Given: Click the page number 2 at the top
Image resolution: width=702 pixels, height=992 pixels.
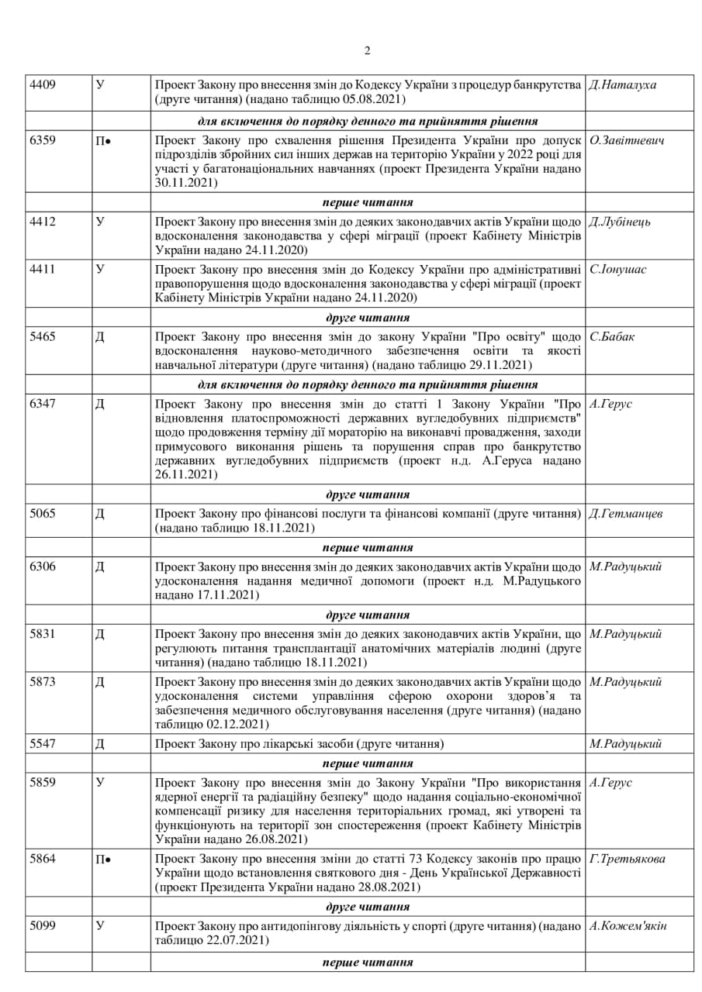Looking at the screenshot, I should (367, 52).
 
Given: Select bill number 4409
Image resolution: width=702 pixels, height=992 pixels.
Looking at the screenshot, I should (43, 84).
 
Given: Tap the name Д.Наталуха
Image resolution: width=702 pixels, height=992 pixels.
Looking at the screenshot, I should (623, 84).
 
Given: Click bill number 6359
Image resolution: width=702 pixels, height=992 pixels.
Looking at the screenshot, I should (43, 141).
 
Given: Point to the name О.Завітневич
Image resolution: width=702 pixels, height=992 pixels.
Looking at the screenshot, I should (627, 141).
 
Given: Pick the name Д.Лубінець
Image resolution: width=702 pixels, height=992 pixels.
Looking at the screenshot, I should (620, 222).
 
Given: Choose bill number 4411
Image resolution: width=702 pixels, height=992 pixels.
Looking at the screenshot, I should (43, 270).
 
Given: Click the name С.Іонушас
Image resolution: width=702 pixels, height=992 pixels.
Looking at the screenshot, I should (618, 270).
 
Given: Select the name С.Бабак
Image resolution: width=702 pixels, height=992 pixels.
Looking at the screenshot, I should (612, 337).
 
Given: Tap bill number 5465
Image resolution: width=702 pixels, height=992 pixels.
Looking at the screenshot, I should (43, 337).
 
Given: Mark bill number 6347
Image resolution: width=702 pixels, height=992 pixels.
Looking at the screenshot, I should (43, 404).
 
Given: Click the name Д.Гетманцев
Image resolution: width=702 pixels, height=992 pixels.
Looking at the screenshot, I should (626, 513).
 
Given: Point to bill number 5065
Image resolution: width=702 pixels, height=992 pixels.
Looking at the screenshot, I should (43, 513).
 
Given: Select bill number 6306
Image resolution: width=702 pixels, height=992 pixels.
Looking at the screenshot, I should (43, 567).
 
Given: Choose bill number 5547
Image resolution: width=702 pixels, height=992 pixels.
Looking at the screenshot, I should (43, 744).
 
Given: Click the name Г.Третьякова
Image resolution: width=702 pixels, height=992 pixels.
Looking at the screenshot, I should (628, 859).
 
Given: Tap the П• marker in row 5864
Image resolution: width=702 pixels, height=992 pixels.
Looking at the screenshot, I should (104, 859).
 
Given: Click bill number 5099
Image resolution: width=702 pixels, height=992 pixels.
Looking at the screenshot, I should (43, 925).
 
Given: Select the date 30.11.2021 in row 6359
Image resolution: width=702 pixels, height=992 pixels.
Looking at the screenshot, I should (186, 183).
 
